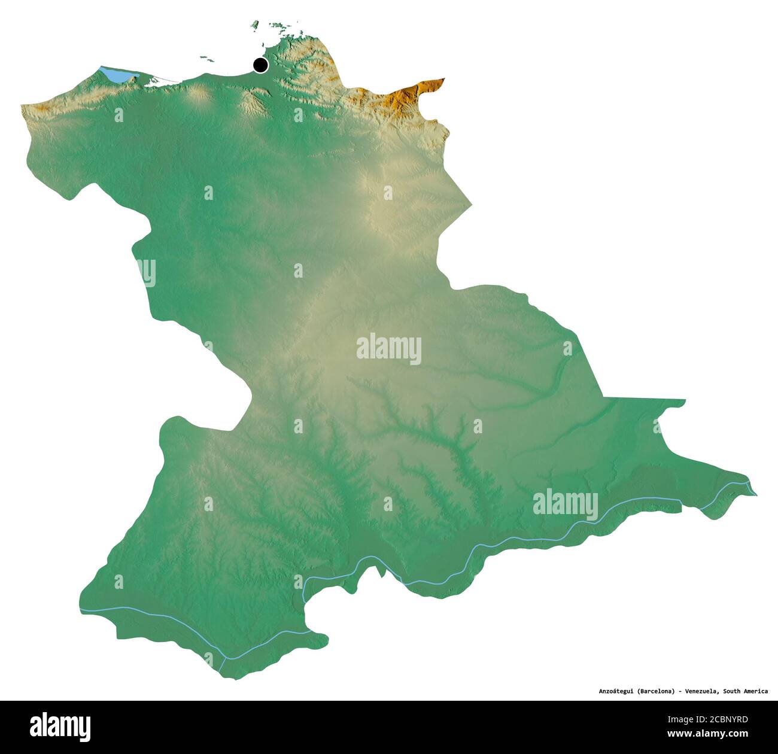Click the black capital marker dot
point(260,65)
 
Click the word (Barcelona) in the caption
point(658,691)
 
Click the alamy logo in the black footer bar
point(60,726)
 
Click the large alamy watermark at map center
point(389,349)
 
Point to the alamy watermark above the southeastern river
point(565,504)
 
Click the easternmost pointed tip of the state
point(756,495)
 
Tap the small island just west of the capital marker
point(206,59)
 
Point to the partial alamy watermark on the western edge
point(146,272)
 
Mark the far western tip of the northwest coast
point(22,107)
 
